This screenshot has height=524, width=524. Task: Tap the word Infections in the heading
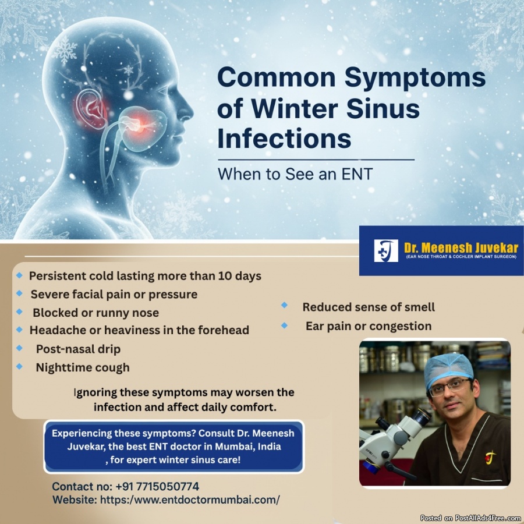[284, 139]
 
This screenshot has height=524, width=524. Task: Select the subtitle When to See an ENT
[295, 174]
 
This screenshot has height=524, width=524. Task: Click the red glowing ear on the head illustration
[91, 109]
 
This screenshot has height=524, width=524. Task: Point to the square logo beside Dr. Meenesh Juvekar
[386, 250]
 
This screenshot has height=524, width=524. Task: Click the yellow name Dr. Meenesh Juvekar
[461, 247]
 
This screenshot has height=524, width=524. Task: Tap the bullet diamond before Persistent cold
[19, 275]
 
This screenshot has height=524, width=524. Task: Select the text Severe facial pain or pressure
[114, 295]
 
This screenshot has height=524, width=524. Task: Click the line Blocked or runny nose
[95, 313]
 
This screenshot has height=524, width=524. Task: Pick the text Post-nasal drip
[78, 349]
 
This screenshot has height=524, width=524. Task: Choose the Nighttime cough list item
[83, 367]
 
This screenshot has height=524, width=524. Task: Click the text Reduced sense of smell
[369, 307]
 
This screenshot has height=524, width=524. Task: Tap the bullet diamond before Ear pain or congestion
[284, 325]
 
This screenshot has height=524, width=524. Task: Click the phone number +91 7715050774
[157, 486]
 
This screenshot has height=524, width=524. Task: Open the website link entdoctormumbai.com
[190, 500]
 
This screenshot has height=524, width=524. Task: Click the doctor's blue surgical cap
[448, 369]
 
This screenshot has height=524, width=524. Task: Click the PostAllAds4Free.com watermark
[472, 518]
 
